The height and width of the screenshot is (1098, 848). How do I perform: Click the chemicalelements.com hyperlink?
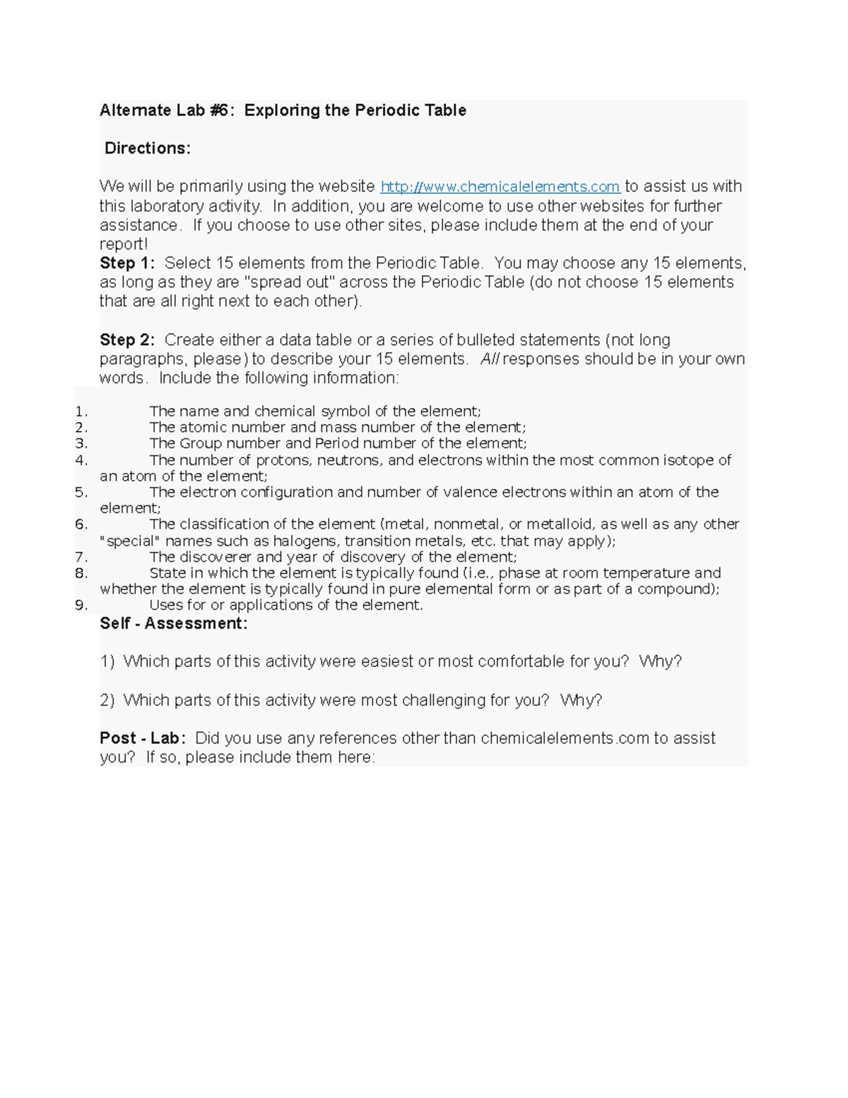point(500,187)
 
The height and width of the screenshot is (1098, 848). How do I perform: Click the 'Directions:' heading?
point(148,148)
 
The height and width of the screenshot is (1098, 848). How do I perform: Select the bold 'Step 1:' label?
point(127,263)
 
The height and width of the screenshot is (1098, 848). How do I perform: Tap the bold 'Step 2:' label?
point(127,340)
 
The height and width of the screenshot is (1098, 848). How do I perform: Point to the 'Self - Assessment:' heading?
point(174,624)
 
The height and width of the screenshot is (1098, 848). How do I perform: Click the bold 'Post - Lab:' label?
point(143,738)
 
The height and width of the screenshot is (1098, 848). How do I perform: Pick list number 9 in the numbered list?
point(81,605)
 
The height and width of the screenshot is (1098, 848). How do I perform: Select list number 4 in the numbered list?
point(81,460)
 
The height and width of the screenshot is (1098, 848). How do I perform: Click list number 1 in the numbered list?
point(81,411)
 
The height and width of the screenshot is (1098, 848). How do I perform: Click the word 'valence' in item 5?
point(540,492)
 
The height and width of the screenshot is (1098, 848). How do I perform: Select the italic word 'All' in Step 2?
point(489,359)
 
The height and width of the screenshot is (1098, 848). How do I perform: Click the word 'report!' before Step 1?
point(124,245)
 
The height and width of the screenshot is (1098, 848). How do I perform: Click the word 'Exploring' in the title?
point(282,110)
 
